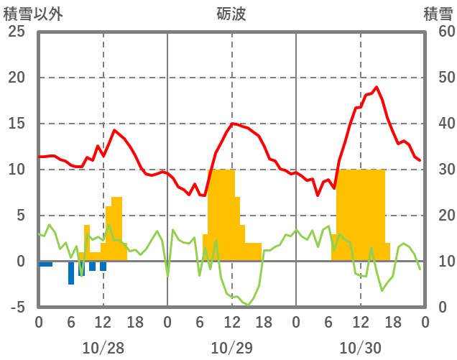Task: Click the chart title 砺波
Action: pyautogui.click(x=231, y=14)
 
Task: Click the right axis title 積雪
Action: pyautogui.click(x=438, y=14)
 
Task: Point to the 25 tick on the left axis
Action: pyautogui.click(x=17, y=32)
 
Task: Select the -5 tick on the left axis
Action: pyautogui.click(x=17, y=307)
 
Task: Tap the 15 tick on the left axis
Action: pyautogui.click(x=17, y=124)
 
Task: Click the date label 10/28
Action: pyautogui.click(x=103, y=348)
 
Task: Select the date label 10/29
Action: pyautogui.click(x=231, y=348)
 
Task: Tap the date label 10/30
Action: pyautogui.click(x=360, y=348)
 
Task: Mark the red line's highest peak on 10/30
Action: pyautogui.click(x=377, y=87)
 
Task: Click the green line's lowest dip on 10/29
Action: pyautogui.click(x=248, y=305)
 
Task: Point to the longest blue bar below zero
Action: pyautogui.click(x=71, y=273)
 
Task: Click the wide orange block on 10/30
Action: pyautogui.click(x=361, y=216)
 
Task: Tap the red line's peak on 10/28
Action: pyautogui.click(x=114, y=130)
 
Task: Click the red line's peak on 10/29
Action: pyautogui.click(x=232, y=124)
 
